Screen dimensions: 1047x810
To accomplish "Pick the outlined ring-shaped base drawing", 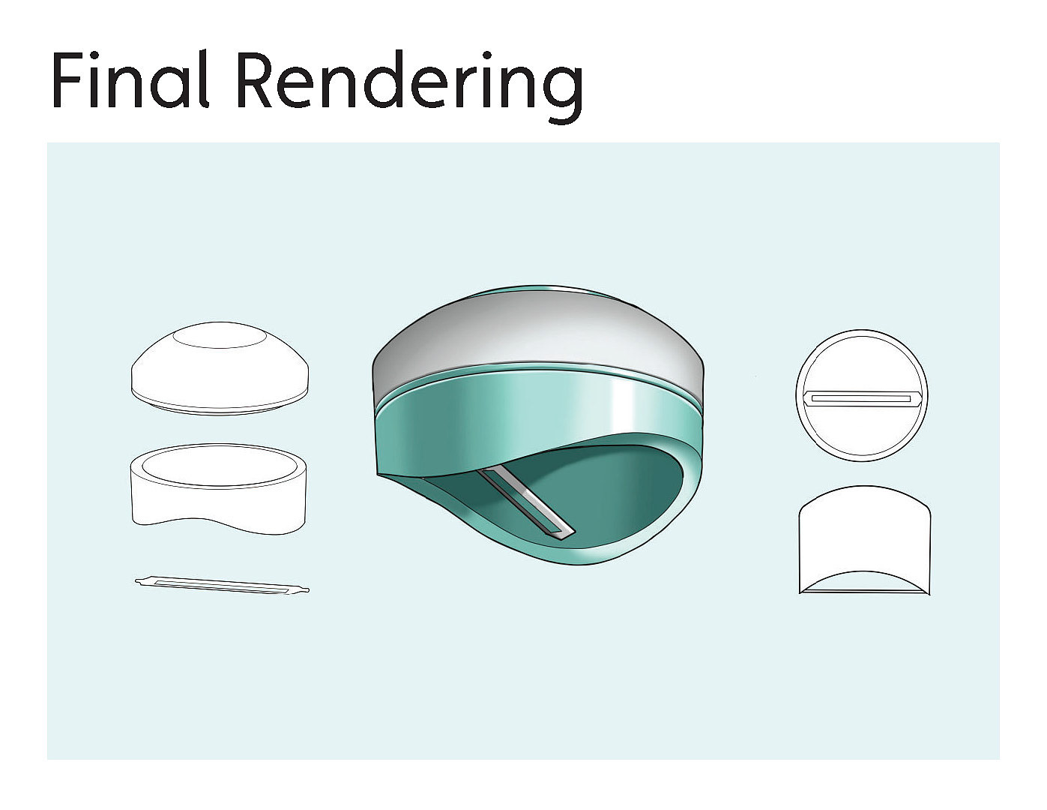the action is [x=219, y=491].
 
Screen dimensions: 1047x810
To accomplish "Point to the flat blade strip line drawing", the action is [x=223, y=584].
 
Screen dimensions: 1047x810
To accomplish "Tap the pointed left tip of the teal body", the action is [x=378, y=472].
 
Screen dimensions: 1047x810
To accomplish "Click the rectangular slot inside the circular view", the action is [x=861, y=397].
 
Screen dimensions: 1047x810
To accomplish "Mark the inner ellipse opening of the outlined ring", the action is [x=219, y=465].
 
